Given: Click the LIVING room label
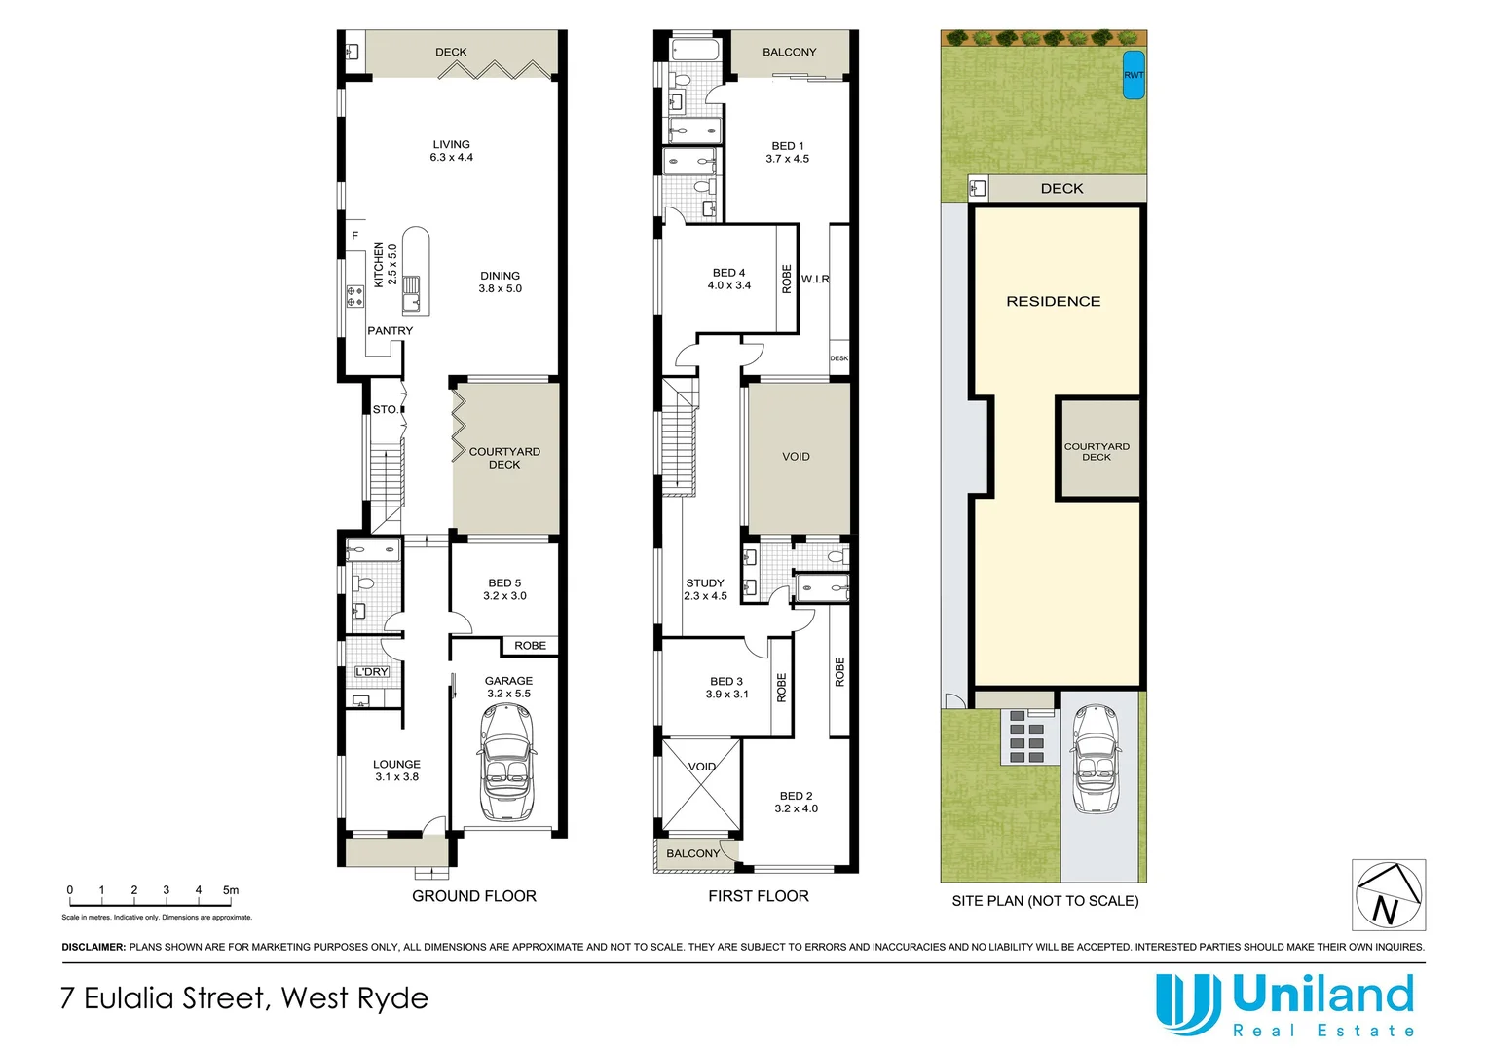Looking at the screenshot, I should pos(451,144).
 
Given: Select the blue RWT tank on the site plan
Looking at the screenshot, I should pos(1134,75).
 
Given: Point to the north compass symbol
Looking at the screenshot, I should pos(1388,895).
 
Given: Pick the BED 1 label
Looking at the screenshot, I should pos(787,146).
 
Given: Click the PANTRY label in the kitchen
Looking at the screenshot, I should pos(390,331).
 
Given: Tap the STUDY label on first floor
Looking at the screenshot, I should pos(705,583).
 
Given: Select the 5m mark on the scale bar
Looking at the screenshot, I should pos(231,890).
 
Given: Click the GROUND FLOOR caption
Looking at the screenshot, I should pos(474,896).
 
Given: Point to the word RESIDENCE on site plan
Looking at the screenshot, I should pos(1053,302).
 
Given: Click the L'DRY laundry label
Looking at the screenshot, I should pos(371,672).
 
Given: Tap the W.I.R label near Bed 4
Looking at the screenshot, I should pos(815,280).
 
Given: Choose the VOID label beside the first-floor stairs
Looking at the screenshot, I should pos(796,457).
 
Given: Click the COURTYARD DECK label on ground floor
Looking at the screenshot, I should pos(504,458).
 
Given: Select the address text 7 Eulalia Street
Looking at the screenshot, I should pos(243,998).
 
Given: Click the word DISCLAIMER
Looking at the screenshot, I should pos(93,947).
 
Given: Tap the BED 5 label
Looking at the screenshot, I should pos(504,583).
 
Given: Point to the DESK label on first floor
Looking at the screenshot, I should pos(838,358).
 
